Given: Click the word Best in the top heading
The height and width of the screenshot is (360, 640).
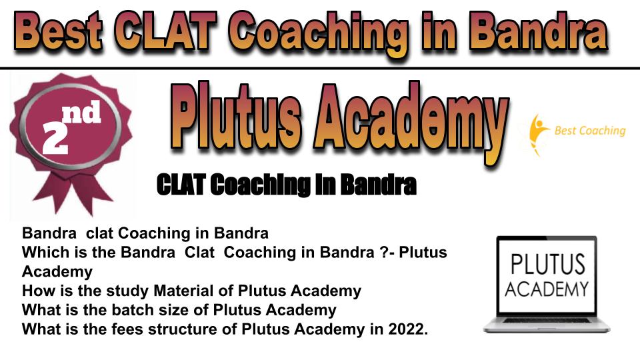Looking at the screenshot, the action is (58, 31).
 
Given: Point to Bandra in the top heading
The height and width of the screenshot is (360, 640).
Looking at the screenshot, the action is (538, 31).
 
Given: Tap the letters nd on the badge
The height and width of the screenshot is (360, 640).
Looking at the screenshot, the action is (81, 112).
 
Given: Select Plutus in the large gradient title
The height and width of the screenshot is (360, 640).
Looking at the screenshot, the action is (235, 116).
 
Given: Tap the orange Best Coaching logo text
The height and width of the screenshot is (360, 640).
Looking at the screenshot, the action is (590, 131).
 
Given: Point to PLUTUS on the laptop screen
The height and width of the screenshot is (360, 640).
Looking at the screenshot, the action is (547, 264).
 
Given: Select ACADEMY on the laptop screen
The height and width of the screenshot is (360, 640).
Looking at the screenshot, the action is (547, 289).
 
